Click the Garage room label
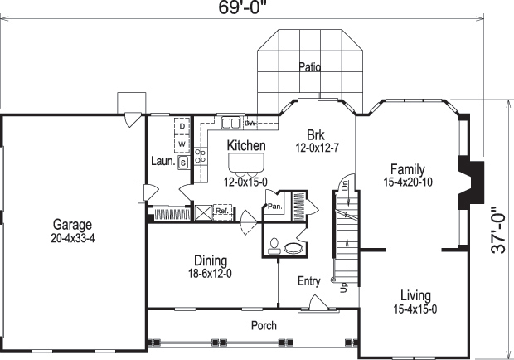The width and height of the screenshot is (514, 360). point(73,225)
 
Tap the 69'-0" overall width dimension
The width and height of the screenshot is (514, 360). point(242,8)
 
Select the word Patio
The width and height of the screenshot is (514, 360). point(309,67)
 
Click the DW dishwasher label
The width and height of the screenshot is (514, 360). point(249,123)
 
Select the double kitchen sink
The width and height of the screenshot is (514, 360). point(230,124)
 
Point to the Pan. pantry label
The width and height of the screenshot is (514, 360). point(274,207)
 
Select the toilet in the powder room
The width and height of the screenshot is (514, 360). point(274,245)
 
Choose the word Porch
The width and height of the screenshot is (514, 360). point(264,326)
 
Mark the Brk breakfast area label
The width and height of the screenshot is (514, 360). point(315,135)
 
